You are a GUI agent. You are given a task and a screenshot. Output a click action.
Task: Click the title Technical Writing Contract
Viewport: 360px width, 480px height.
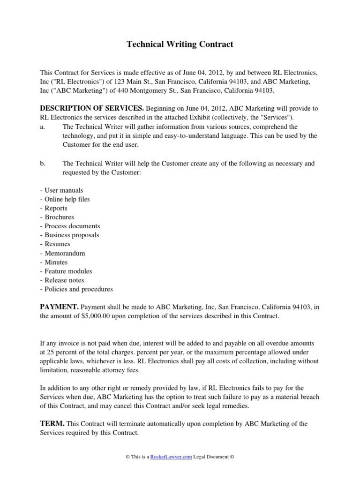point(180,45)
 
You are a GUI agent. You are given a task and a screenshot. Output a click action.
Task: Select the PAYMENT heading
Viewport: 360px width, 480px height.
point(59,307)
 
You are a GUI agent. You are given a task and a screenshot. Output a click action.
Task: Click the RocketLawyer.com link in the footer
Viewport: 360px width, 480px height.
point(171,457)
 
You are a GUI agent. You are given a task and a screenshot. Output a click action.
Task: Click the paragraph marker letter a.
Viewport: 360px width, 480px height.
point(42,127)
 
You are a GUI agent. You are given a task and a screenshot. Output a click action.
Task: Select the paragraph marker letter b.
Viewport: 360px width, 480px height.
point(42,163)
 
